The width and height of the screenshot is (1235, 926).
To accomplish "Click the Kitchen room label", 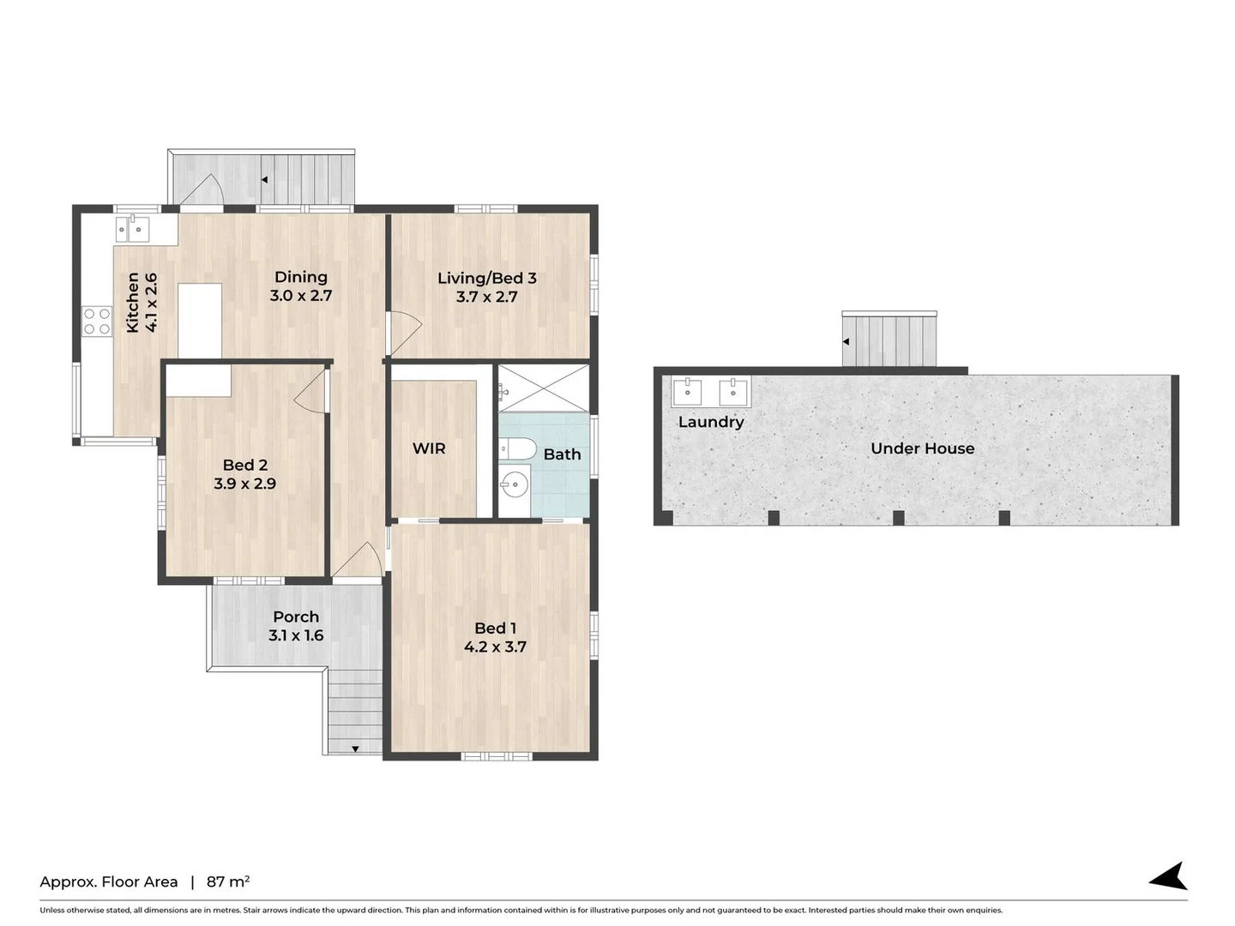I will click(133, 302).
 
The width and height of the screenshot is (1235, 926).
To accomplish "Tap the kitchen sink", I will click(132, 228).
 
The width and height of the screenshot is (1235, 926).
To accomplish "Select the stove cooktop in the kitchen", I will click(97, 322).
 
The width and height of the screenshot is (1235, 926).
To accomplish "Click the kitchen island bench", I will click(200, 320).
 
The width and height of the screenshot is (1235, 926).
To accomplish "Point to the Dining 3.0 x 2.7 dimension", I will click(300, 296).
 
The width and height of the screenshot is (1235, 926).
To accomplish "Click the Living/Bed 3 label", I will click(486, 278).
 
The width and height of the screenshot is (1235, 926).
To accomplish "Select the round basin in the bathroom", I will click(515, 485).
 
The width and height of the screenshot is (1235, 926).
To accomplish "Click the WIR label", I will click(429, 448).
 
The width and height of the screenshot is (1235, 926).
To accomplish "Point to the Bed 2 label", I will click(244, 465).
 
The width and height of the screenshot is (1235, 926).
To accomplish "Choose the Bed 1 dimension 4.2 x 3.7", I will click(495, 647).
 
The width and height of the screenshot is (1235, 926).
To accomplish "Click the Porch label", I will click(296, 616).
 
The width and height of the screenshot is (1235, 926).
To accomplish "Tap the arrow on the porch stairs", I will click(355, 749).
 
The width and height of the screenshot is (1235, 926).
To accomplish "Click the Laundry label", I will click(710, 422).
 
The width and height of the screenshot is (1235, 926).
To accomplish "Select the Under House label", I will click(922, 448).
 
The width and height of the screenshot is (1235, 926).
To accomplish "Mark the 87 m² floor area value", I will click(227, 881).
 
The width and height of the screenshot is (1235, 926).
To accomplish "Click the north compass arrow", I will click(1170, 876).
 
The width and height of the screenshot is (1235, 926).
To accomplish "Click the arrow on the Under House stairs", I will click(846, 341).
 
